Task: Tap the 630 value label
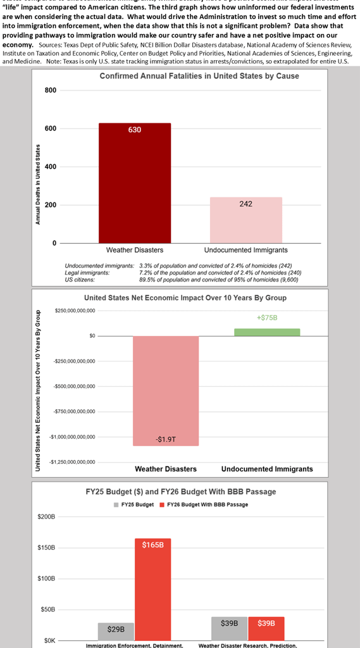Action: pyautogui.click(x=134, y=130)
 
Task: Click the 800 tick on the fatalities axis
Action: pyautogui.click(x=50, y=90)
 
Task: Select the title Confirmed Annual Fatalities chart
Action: pyautogui.click(x=199, y=76)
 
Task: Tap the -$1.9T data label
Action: pyautogui.click(x=166, y=439)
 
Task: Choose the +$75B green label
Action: pyautogui.click(x=267, y=318)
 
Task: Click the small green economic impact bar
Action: pyautogui.click(x=267, y=332)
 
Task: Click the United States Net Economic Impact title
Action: pyautogui.click(x=185, y=297)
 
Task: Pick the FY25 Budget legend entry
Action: pyautogui.click(x=133, y=504)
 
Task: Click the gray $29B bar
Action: pyautogui.click(x=116, y=631)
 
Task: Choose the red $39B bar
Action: pyautogui.click(x=266, y=628)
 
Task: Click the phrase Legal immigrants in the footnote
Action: pyautogui.click(x=87, y=272)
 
